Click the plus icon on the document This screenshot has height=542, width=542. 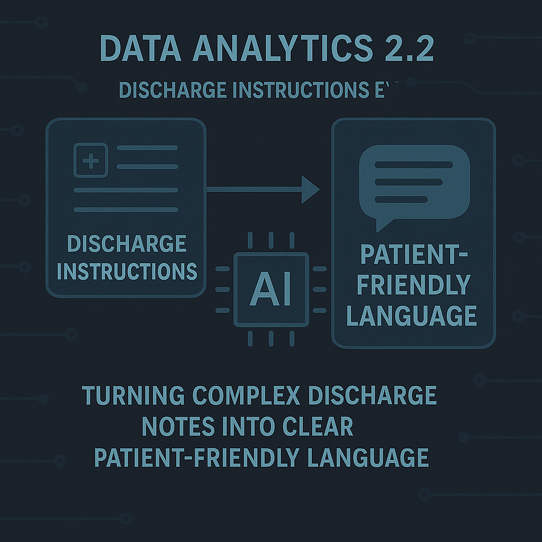(91, 159)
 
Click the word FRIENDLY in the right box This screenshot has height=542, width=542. (413, 285)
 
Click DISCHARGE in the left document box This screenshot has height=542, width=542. (127, 244)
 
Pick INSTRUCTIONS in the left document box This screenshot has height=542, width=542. (127, 271)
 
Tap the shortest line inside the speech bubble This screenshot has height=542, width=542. (401, 200)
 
